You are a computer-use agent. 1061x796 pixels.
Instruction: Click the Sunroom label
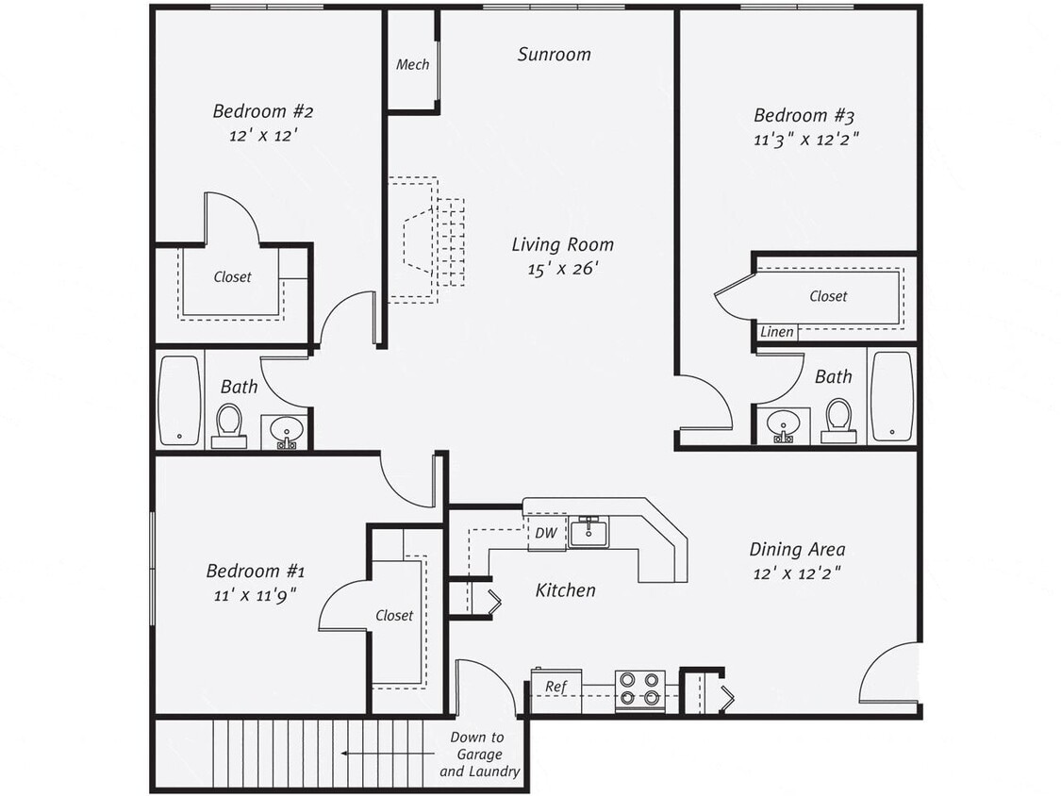(554, 55)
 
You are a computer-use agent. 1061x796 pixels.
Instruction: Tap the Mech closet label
(412, 65)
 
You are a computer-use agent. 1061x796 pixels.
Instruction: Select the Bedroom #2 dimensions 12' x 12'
(263, 136)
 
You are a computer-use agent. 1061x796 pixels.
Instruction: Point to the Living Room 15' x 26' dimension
(562, 269)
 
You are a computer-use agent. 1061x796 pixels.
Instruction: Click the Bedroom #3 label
(804, 116)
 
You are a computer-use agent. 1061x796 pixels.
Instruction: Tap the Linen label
(777, 332)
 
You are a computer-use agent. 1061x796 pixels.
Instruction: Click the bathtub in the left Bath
(179, 399)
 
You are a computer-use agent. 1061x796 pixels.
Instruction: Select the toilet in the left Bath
(228, 425)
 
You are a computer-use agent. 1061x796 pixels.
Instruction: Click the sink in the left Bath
(286, 431)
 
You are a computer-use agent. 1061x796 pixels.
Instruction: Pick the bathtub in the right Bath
(891, 396)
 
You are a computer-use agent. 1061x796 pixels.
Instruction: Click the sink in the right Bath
(783, 424)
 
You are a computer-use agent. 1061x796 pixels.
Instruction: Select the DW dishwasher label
(546, 533)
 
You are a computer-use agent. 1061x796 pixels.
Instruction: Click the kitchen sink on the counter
(589, 532)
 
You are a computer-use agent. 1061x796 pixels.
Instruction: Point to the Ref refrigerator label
(555, 687)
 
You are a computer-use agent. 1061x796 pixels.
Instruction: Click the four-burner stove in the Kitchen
(639, 690)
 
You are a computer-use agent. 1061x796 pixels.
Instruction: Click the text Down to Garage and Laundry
(479, 755)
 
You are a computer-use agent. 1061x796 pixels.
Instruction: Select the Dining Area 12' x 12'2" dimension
(797, 572)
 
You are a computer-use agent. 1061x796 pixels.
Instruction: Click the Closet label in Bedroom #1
(394, 615)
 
